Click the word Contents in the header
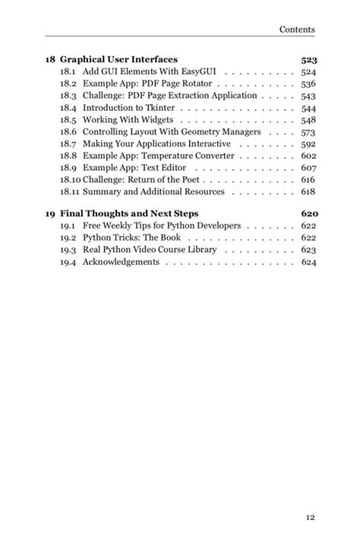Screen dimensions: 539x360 (297, 30)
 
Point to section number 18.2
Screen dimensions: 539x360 (68, 84)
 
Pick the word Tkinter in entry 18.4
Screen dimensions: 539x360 (159, 108)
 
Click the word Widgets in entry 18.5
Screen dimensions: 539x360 (158, 120)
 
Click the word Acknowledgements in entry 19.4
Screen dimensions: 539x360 (121, 262)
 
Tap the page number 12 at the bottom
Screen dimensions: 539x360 (310, 517)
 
